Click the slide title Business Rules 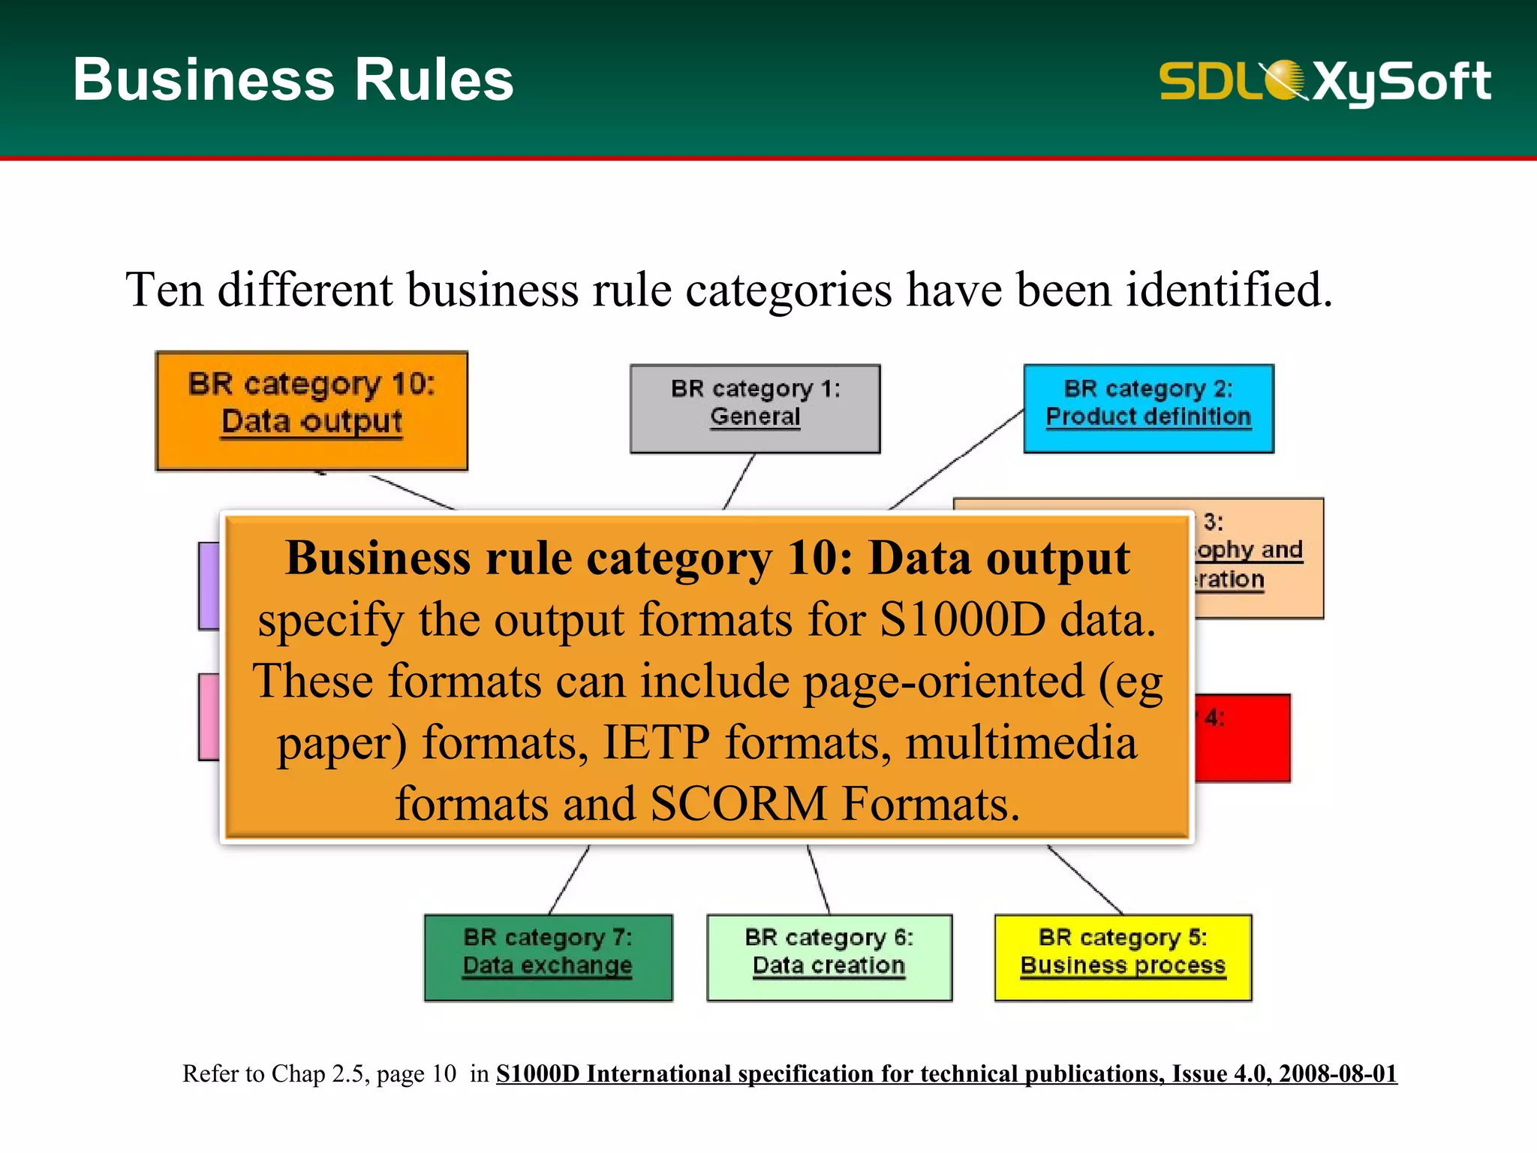[x=293, y=80]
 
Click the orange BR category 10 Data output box [x=311, y=411]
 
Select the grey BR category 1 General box [x=755, y=408]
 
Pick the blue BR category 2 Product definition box [x=1148, y=408]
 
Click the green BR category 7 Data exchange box [x=548, y=957]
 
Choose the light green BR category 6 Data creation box [x=829, y=957]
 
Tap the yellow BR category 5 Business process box [x=1123, y=957]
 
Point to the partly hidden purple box [x=209, y=586]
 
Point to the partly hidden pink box [x=209, y=717]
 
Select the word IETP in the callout [x=656, y=742]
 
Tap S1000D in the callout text [x=962, y=620]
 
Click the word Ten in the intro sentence [x=164, y=290]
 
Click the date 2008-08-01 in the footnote [x=1337, y=1073]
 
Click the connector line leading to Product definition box [x=957, y=459]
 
